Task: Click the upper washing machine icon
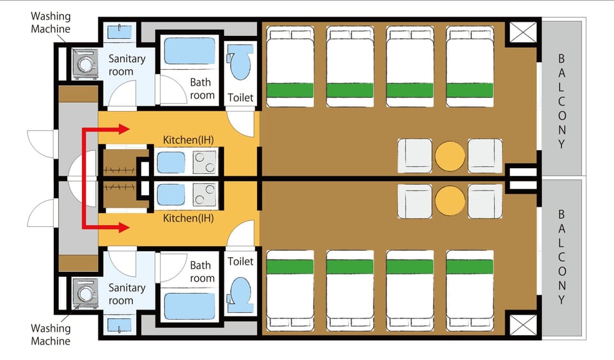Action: [x=85, y=63]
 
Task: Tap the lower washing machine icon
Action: [x=85, y=293]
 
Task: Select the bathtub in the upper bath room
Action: [x=189, y=51]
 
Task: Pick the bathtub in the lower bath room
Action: [x=189, y=306]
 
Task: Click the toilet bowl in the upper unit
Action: [x=240, y=62]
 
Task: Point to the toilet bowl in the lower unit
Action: [x=240, y=295]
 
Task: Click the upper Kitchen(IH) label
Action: [x=188, y=139]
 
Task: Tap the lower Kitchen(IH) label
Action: [x=188, y=218]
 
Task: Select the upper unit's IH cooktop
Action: [x=205, y=162]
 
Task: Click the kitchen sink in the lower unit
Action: [x=171, y=195]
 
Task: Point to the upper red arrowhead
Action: [x=123, y=129]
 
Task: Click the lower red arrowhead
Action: [x=123, y=227]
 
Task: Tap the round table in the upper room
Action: [x=450, y=156]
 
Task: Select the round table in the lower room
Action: [x=450, y=200]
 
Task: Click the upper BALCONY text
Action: [x=562, y=101]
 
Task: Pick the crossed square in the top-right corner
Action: [x=523, y=33]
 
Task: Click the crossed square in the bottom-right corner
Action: [x=523, y=324]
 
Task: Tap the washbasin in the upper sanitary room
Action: [x=120, y=32]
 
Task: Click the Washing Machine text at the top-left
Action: [x=51, y=22]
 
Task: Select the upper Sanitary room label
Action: [x=127, y=65]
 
